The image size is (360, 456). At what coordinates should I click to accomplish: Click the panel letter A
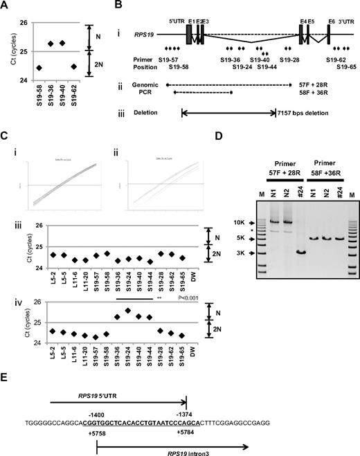pyautogui.click(x=5, y=6)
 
